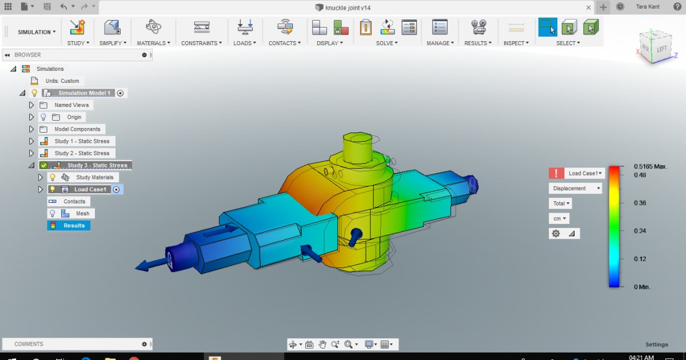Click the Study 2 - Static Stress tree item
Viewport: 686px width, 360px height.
[82, 153]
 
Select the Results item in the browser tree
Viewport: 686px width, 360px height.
[74, 226]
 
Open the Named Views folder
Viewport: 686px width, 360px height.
[71, 105]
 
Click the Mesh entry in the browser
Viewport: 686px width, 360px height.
[83, 214]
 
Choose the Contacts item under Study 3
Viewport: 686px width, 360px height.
[74, 202]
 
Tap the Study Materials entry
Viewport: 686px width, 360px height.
[94, 178]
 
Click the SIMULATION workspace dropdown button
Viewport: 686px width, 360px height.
[37, 32]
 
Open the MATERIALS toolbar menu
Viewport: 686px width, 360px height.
[153, 43]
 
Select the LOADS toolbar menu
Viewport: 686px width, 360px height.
[244, 43]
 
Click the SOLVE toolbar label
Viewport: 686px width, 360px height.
[386, 43]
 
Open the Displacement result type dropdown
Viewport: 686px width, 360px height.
[575, 189]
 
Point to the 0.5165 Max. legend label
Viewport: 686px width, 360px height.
[651, 166]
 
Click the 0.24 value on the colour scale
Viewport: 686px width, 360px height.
[640, 231]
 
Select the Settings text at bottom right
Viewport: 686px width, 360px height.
[656, 345]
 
